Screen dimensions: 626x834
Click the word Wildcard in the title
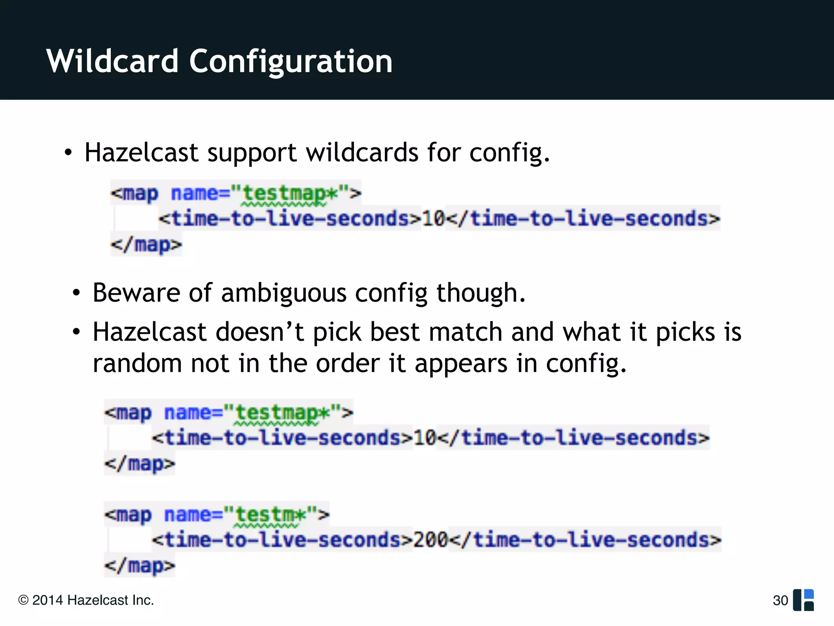[x=112, y=61]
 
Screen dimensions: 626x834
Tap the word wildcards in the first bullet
[x=362, y=153]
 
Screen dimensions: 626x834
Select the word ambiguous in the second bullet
[x=283, y=293]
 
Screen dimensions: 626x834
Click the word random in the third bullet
[x=137, y=363]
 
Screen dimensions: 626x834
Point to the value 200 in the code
[x=430, y=540]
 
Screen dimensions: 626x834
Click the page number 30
[x=780, y=600]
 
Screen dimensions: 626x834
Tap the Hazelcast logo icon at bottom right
[x=803, y=600]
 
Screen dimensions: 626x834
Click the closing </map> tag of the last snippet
[x=140, y=566]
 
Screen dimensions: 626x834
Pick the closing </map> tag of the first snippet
[x=146, y=245]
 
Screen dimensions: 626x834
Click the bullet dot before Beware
[x=76, y=293]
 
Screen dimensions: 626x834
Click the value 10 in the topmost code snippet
[x=433, y=219]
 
